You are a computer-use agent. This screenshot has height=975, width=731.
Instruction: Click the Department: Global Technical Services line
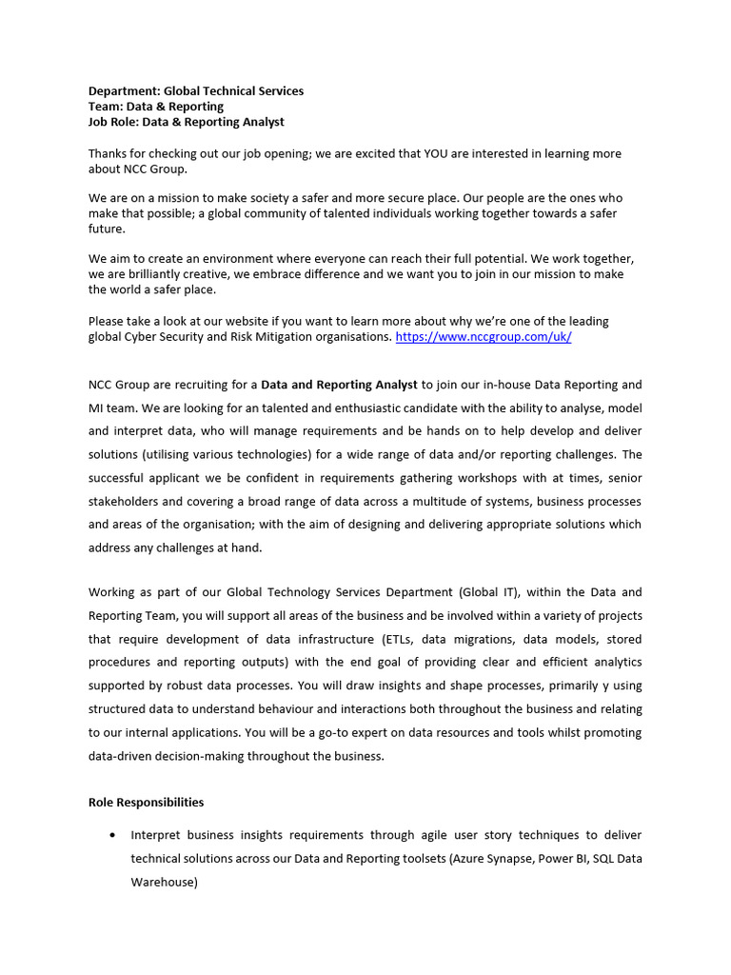196,91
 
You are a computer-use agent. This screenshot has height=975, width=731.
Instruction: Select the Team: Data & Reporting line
156,107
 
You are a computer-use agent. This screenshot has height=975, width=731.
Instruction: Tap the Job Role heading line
186,122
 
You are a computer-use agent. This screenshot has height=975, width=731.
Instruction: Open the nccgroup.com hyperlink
483,337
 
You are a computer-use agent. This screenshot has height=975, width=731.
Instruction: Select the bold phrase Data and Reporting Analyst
339,385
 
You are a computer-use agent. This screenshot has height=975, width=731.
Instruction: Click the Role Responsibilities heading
146,803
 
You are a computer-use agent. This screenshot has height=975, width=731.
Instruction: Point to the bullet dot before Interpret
114,835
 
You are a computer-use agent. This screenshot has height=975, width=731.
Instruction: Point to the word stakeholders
127,501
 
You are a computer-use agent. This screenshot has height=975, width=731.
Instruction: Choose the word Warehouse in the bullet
163,883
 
